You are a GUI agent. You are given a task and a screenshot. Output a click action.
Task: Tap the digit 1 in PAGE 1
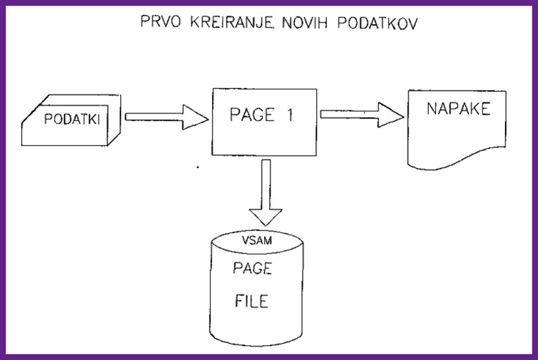tap(290, 116)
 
